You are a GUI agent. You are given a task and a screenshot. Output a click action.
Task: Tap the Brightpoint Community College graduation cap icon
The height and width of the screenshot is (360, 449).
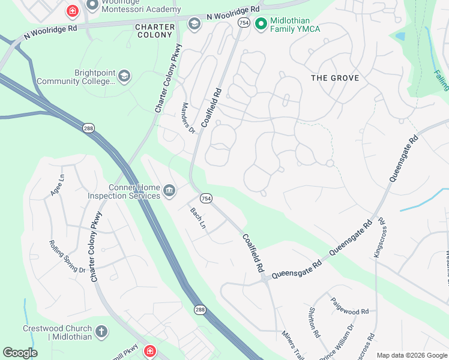point(124,76)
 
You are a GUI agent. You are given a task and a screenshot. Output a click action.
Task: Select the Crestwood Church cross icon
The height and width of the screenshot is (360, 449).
point(101,332)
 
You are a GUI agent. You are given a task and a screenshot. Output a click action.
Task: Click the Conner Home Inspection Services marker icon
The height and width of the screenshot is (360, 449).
point(170,191)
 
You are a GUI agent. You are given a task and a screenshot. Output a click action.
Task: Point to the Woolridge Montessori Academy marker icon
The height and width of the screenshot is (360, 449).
point(92,5)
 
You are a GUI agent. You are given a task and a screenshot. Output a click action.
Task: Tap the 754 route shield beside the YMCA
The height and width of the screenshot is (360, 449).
point(244,23)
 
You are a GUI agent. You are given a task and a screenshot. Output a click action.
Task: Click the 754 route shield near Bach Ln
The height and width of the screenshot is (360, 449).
point(206,199)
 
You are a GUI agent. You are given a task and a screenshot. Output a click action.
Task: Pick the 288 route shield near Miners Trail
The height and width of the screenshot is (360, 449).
point(200,309)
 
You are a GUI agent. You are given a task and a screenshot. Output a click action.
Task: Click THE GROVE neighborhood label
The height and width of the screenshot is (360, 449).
point(335,78)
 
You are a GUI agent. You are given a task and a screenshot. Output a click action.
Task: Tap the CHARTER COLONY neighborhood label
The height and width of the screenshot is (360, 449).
point(155,32)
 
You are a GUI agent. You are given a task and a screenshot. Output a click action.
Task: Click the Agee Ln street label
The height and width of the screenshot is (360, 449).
point(57,185)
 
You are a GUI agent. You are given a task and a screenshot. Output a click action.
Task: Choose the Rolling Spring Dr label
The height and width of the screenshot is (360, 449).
point(67,256)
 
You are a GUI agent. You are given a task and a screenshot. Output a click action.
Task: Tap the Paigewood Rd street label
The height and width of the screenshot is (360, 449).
point(349,312)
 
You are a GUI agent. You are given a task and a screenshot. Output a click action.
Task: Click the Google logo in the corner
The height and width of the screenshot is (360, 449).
point(20,353)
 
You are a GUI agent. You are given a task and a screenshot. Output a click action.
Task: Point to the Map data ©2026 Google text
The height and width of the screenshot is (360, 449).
point(411,355)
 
